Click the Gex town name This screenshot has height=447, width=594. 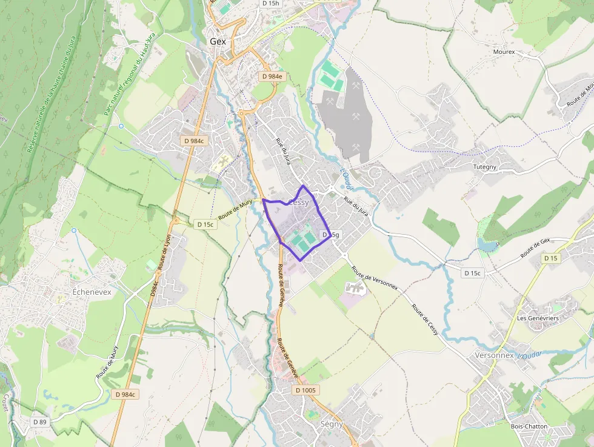click(218, 41)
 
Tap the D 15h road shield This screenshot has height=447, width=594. click(271, 3)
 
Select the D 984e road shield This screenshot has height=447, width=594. click(273, 76)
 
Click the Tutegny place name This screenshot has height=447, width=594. click(485, 166)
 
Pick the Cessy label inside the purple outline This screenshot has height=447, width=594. click(299, 202)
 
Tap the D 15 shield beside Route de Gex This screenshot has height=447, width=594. click(550, 258)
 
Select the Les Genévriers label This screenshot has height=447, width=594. click(538, 318)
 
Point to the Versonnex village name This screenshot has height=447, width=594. click(495, 355)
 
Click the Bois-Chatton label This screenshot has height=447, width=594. click(529, 426)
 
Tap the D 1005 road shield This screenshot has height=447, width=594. click(305, 390)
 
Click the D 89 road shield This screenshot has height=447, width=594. click(39, 421)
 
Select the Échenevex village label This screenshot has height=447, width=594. click(92, 292)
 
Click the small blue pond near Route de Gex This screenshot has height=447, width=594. click(487, 244)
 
